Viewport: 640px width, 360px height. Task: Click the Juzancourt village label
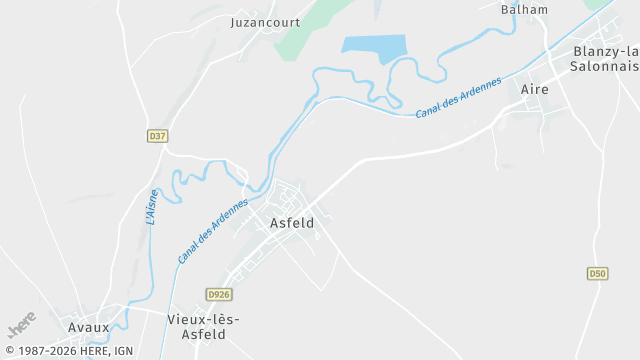pyautogui.click(x=265, y=22)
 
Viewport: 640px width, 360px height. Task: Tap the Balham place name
pyautogui.click(x=524, y=9)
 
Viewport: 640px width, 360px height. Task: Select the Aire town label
pyautogui.click(x=535, y=90)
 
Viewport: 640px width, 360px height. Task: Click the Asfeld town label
pyautogui.click(x=292, y=223)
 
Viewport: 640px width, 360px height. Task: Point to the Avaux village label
pyautogui.click(x=88, y=327)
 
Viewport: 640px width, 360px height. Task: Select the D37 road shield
pyautogui.click(x=156, y=135)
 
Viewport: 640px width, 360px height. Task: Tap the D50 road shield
pyautogui.click(x=597, y=273)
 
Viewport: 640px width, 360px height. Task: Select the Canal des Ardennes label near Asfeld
pyautogui.click(x=213, y=231)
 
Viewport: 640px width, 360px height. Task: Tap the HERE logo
pyautogui.click(x=21, y=326)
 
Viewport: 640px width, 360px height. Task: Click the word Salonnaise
pyautogui.click(x=606, y=66)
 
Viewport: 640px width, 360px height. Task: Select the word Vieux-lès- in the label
pyautogui.click(x=202, y=319)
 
